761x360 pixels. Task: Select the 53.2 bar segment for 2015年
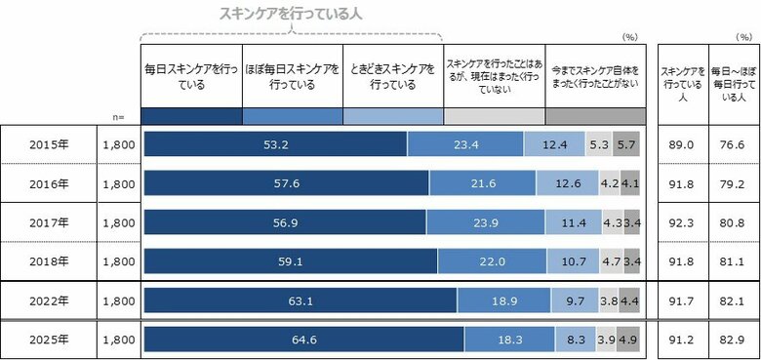pyautogui.click(x=275, y=144)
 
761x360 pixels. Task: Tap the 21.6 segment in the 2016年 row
pyautogui.click(x=482, y=183)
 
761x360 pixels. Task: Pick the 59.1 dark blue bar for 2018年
pyautogui.click(x=290, y=261)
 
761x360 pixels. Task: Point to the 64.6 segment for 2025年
pyautogui.click(x=303, y=340)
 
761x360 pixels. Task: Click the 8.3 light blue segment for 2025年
pyautogui.click(x=575, y=340)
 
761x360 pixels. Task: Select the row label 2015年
pyautogui.click(x=49, y=144)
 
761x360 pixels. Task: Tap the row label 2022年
pyautogui.click(x=49, y=300)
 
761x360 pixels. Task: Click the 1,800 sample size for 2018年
pyautogui.click(x=119, y=261)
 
